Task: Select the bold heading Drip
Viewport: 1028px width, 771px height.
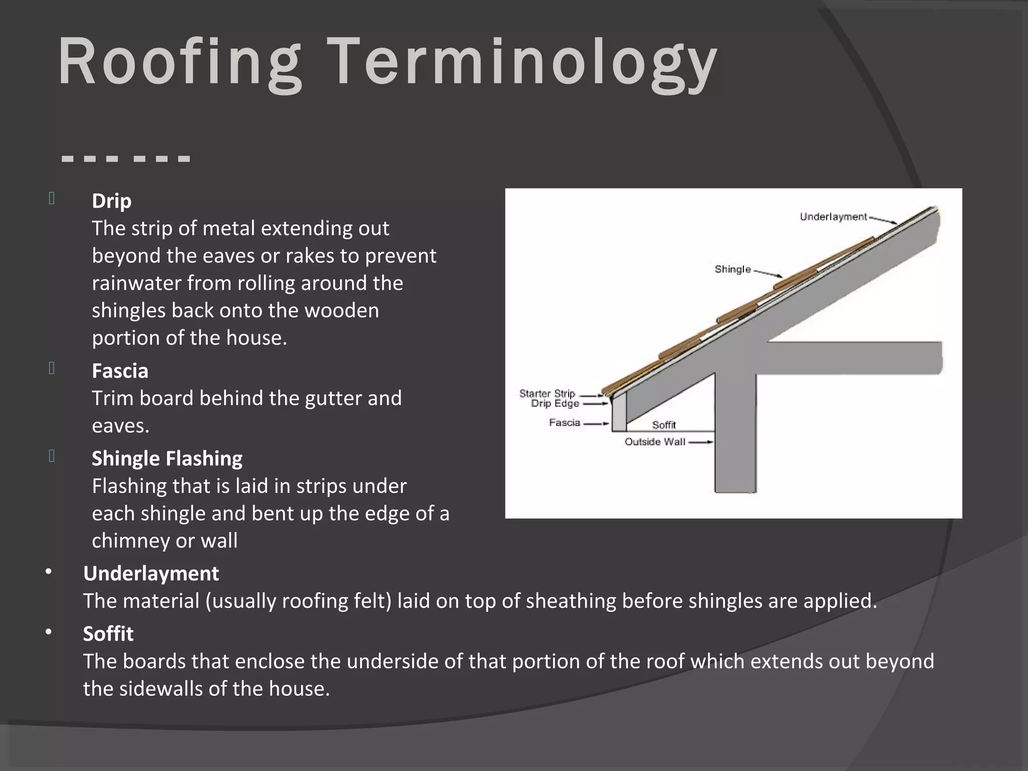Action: click(111, 201)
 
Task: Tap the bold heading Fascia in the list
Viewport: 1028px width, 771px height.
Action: click(120, 371)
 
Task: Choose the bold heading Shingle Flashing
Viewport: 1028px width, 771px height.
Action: click(167, 458)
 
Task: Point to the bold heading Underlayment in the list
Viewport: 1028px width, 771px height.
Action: click(151, 573)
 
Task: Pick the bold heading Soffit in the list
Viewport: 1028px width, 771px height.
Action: click(108, 633)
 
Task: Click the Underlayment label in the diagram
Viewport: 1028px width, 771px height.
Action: click(833, 217)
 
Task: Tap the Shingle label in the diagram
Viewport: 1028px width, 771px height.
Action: click(733, 270)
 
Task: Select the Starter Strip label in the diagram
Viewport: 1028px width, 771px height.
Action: click(547, 394)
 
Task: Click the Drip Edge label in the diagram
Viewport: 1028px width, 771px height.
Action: click(555, 404)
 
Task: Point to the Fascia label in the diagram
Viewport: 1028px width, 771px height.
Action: click(565, 423)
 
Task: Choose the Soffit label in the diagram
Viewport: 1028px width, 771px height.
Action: click(664, 425)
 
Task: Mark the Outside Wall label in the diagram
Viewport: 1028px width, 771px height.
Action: click(655, 442)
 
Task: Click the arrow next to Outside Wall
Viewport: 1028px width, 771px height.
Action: click(701, 442)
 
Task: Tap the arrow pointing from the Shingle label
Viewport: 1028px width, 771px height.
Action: click(768, 274)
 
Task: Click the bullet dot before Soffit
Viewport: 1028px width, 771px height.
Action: click(48, 632)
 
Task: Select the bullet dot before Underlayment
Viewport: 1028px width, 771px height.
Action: click(48, 572)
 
